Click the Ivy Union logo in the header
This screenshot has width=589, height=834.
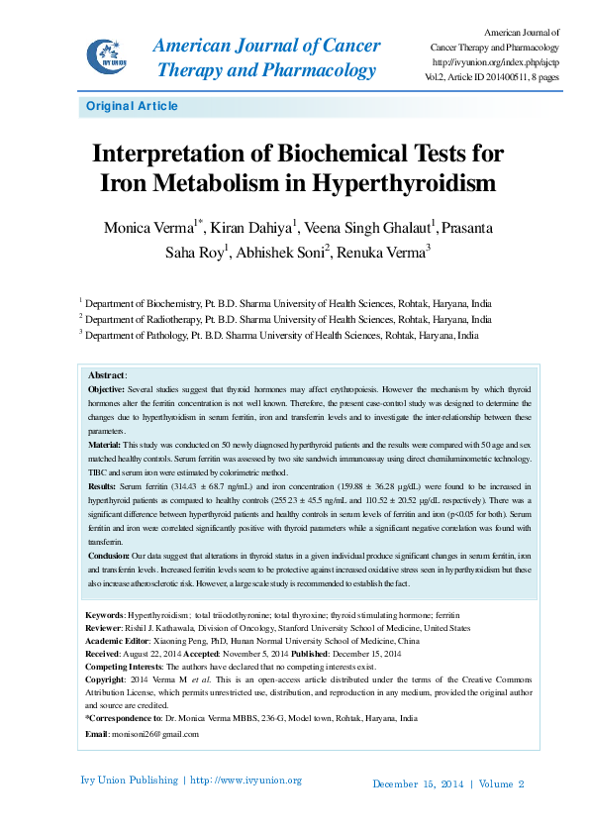click(x=106, y=55)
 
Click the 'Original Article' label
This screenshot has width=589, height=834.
click(x=132, y=107)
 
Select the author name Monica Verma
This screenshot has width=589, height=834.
click(x=148, y=228)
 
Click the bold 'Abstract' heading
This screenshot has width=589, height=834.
click(x=107, y=376)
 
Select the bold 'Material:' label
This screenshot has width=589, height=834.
click(x=107, y=447)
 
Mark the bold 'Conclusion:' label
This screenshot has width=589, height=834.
click(x=112, y=557)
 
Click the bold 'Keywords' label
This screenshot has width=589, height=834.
click(x=104, y=616)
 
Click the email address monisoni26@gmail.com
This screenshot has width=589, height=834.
click(x=154, y=734)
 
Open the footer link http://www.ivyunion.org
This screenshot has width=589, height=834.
click(x=246, y=781)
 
